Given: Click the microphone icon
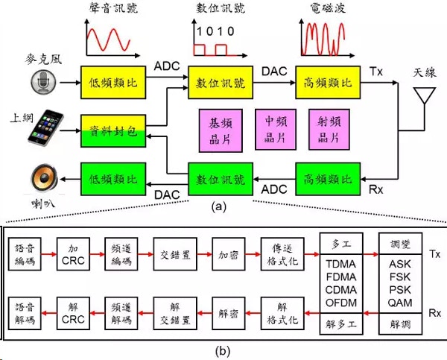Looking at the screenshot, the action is (43, 82).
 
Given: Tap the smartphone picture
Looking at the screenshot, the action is (46, 127).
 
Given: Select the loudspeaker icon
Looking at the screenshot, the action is (44, 178).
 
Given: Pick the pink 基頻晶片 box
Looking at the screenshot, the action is (221, 130).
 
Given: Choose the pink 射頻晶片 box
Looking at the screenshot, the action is (329, 130).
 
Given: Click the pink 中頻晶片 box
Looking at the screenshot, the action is (276, 130).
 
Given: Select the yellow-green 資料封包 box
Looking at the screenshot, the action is (113, 131).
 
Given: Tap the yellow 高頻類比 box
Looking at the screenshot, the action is (328, 83).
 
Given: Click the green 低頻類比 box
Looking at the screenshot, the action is (113, 179).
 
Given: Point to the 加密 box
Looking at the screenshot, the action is (229, 254).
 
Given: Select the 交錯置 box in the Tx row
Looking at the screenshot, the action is (175, 254).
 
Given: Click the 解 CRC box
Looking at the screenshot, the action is (73, 313).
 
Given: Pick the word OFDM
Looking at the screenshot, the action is (341, 303).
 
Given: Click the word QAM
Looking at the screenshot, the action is (400, 303).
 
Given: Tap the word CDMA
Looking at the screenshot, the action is (341, 290).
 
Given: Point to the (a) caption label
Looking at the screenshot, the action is (218, 206).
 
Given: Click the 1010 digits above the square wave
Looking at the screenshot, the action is (215, 31).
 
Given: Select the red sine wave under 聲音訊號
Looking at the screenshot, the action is (109, 40).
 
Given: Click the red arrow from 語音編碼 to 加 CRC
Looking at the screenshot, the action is (48, 254).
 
